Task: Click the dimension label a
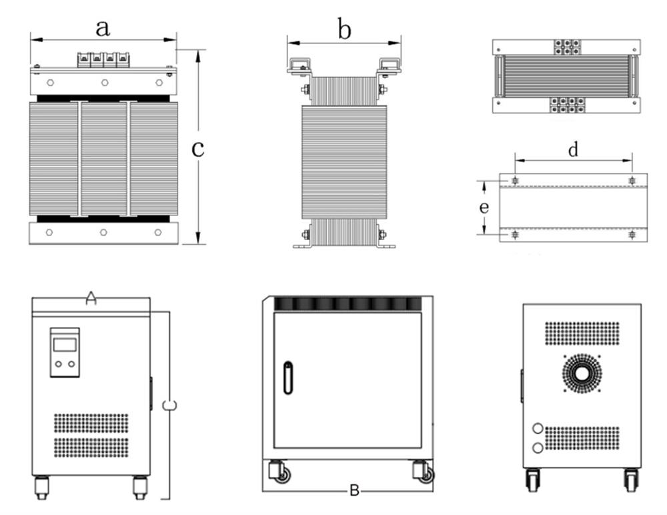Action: click(x=102, y=28)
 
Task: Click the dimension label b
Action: click(x=344, y=30)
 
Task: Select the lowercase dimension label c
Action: click(x=197, y=149)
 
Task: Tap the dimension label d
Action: click(x=573, y=150)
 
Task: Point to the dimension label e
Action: click(x=485, y=207)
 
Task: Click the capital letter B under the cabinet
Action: click(x=355, y=492)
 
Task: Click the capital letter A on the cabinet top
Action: click(x=91, y=300)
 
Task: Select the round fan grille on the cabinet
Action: click(x=582, y=373)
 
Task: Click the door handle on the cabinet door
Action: click(x=287, y=378)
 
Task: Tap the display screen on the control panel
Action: click(x=65, y=344)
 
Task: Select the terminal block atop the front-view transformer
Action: click(x=103, y=59)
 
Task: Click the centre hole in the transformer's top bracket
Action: click(x=105, y=83)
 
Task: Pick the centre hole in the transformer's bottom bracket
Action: click(x=103, y=232)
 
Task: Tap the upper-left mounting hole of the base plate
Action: click(x=516, y=181)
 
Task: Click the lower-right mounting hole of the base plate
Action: click(x=632, y=234)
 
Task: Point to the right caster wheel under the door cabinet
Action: click(x=424, y=474)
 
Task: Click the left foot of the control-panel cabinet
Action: click(x=41, y=486)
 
